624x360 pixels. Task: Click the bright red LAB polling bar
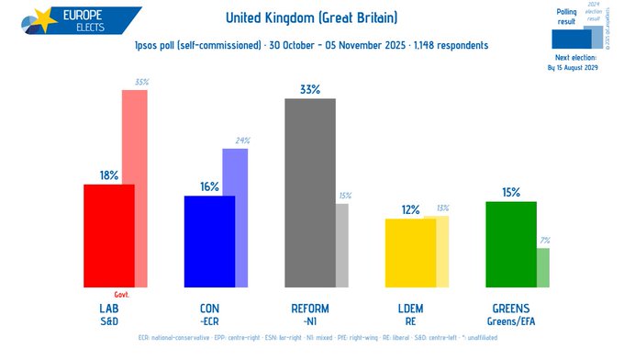pos(108,236)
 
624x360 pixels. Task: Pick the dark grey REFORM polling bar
pos(309,193)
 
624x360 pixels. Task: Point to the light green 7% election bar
pos(543,267)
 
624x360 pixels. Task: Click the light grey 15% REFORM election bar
pos(341,245)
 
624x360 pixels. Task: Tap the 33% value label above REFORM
pos(309,90)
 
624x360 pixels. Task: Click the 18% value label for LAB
pos(109,175)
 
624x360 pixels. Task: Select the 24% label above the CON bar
pos(241,141)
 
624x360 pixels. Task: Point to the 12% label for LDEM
pos(410,209)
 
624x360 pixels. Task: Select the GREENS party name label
pos(510,308)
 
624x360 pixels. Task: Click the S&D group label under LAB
pos(109,321)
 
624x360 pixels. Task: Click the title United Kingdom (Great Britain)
pos(311,17)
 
